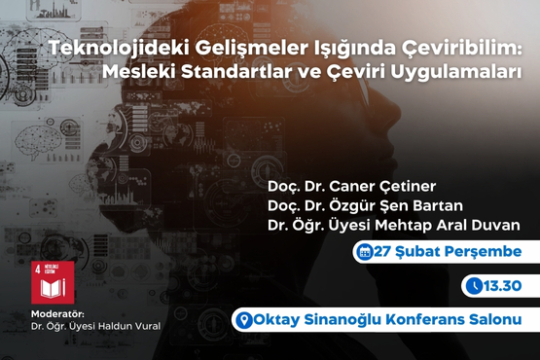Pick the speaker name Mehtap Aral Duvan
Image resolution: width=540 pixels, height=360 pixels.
tap(450, 225)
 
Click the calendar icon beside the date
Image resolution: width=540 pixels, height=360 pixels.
tap(364, 252)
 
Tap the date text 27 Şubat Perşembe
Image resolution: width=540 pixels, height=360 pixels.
tap(448, 252)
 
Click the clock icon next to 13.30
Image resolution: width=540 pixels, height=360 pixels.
tap(474, 286)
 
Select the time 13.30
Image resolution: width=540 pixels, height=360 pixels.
tap(505, 286)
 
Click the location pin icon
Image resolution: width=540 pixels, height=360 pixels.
tap(245, 319)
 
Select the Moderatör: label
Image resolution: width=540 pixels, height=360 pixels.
tap(46, 315)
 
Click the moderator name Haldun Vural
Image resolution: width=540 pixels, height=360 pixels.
tap(132, 327)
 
